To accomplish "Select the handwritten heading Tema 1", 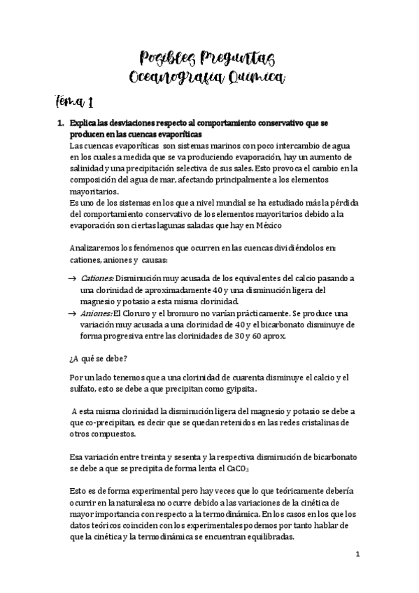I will [x=73, y=103].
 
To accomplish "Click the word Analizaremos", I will [x=97, y=248].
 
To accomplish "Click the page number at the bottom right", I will [x=357, y=555].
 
